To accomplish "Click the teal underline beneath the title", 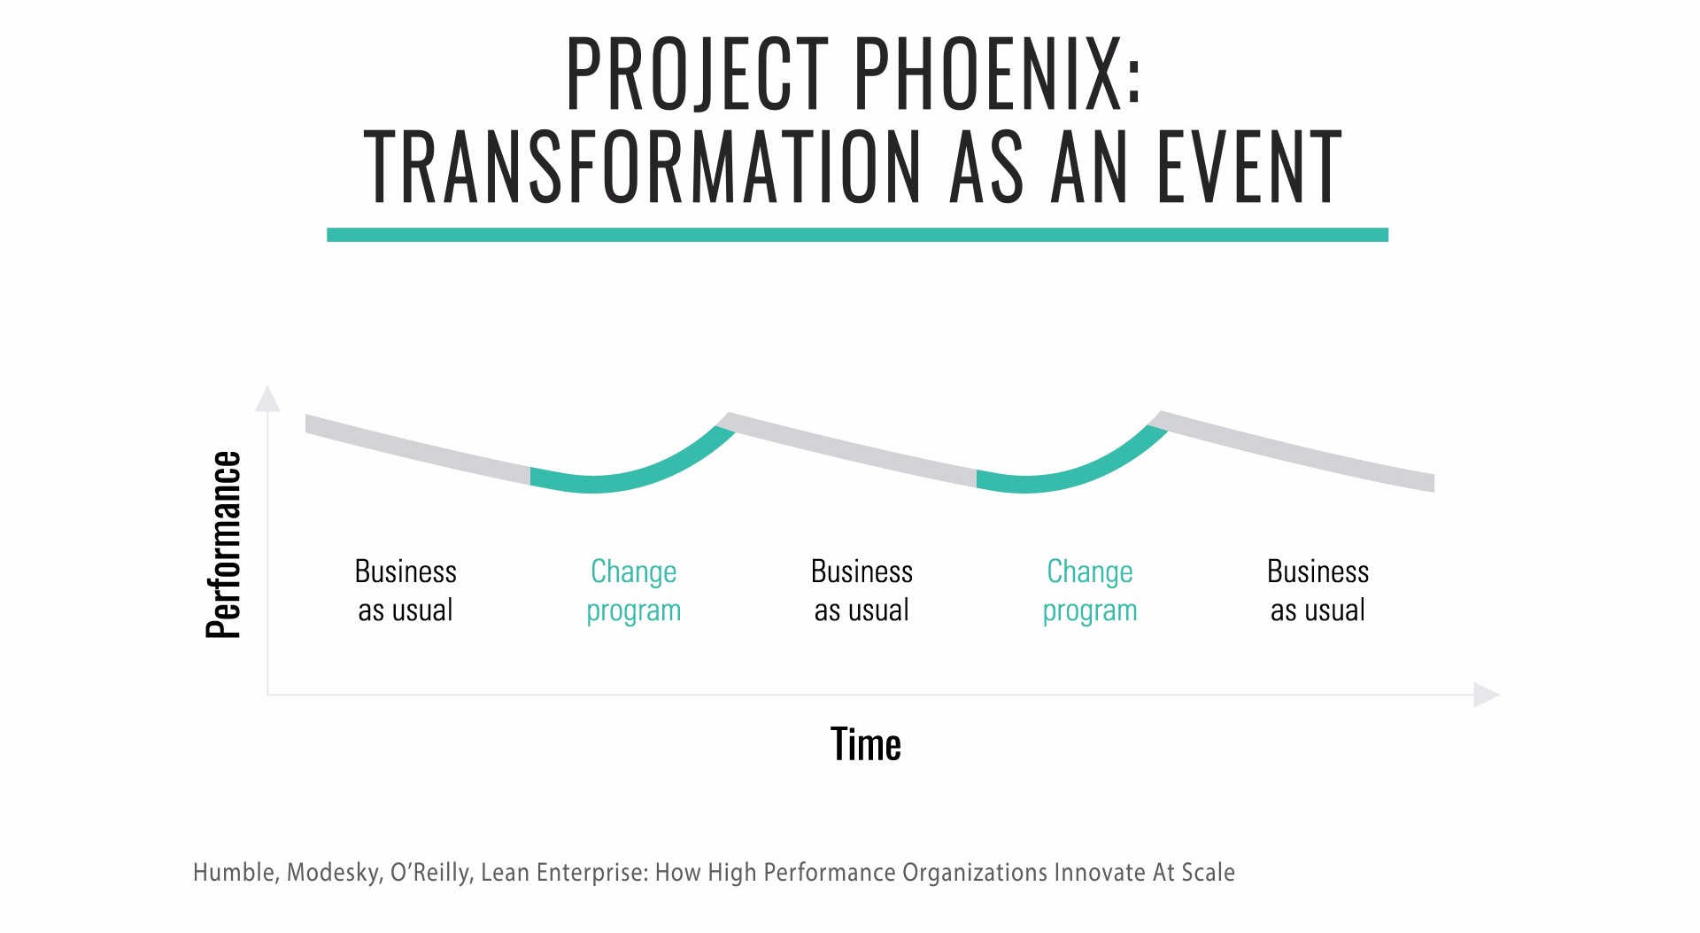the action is click(857, 235).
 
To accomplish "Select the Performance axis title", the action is click(223, 545).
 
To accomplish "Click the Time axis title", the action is click(866, 744).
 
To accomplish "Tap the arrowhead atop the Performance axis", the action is click(267, 399).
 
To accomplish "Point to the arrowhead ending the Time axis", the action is click(1487, 695).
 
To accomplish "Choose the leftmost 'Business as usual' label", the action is click(406, 591).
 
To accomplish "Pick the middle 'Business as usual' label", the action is click(862, 591).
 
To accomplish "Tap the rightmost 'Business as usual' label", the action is click(1317, 591).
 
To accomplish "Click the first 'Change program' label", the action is click(634, 591).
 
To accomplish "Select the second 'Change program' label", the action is click(1090, 591).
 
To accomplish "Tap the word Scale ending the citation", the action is click(1208, 873).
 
